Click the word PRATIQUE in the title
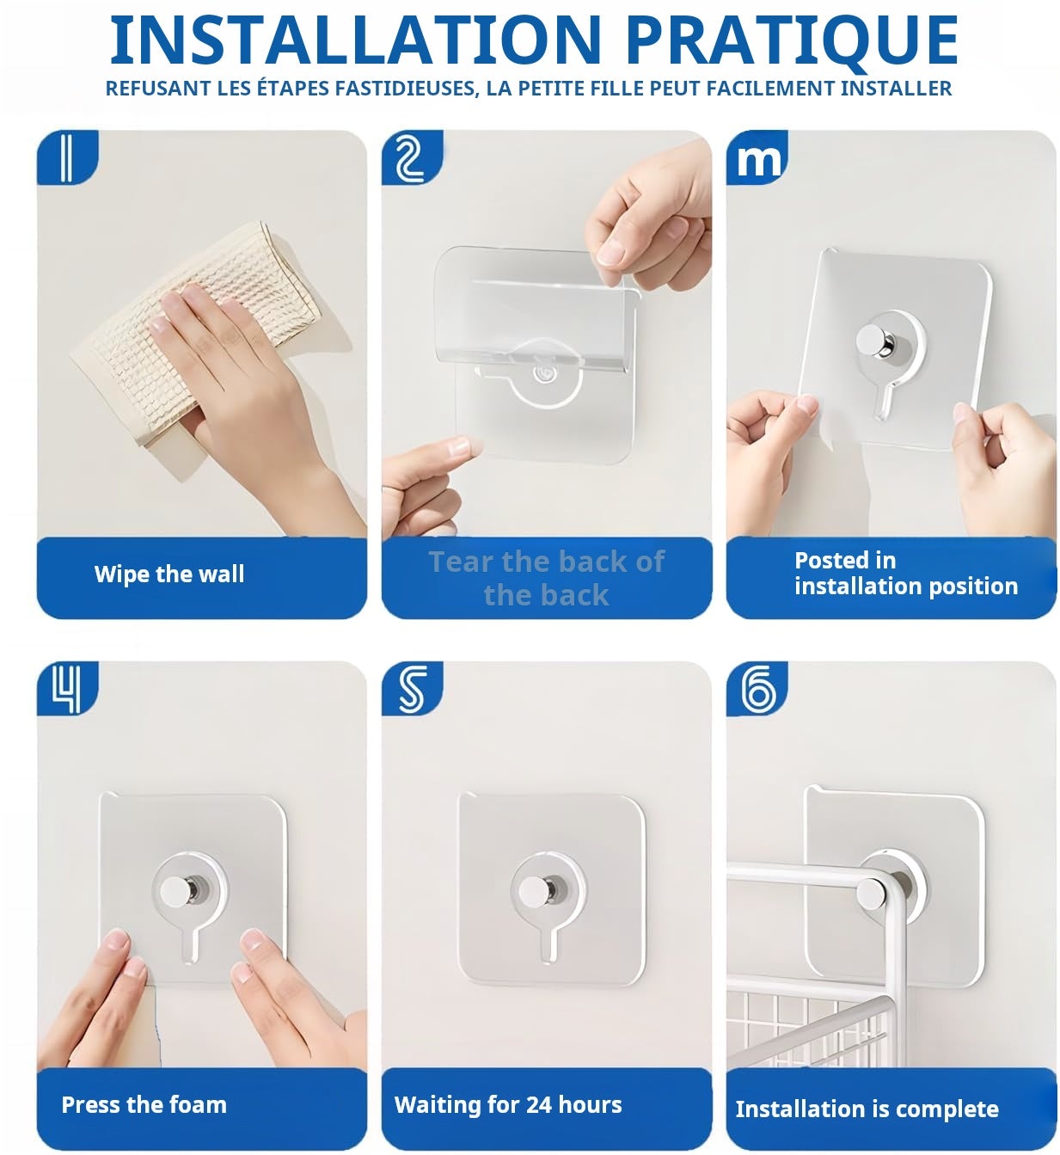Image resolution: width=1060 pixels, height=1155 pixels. (x=792, y=41)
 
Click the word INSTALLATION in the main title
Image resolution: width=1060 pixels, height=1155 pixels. (x=355, y=40)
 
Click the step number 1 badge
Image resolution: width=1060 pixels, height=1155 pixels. (x=67, y=157)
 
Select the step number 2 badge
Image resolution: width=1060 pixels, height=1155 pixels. (x=412, y=157)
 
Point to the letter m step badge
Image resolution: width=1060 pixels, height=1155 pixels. (x=757, y=157)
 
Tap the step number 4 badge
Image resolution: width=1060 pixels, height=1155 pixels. (x=67, y=689)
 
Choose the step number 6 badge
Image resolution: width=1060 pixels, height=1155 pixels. (x=757, y=689)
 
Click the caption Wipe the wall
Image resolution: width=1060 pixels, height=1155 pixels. (x=169, y=574)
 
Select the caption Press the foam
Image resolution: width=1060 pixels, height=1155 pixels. (x=144, y=1105)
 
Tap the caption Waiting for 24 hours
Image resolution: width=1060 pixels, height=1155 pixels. (x=508, y=1105)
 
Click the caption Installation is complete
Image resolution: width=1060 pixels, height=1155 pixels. (x=867, y=1109)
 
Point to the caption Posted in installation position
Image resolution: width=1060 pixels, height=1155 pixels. (x=906, y=573)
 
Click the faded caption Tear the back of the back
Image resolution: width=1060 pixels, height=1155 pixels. (x=547, y=578)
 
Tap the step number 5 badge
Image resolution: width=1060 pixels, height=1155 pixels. (x=412, y=689)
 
